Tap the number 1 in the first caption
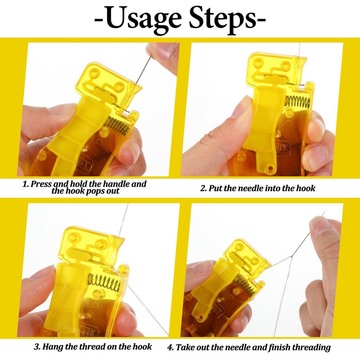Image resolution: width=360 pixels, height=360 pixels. click(x=25, y=184)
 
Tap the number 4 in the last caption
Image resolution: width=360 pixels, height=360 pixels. click(x=170, y=347)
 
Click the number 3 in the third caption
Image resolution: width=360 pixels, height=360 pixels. click(x=37, y=347)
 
